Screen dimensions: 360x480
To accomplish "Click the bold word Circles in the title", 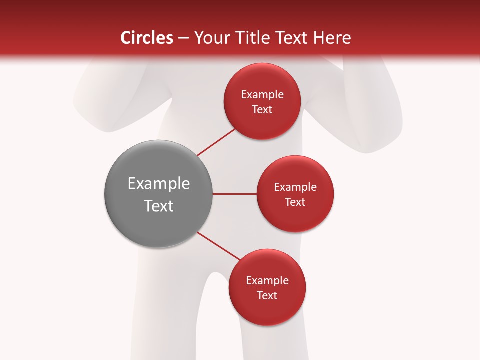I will [147, 38].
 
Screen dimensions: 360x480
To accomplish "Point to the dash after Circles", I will [183, 38].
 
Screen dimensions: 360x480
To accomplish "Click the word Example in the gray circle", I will [159, 184].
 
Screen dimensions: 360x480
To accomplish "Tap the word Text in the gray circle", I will [159, 206].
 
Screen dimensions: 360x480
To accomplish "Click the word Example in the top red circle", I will [262, 94].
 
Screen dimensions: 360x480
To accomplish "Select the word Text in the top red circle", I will [262, 109].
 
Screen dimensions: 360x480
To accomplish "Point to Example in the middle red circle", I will [295, 187].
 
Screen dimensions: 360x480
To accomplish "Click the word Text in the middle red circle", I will [295, 202].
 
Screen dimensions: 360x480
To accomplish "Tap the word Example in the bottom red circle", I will [267, 280].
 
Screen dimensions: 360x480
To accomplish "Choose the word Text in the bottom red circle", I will [267, 295].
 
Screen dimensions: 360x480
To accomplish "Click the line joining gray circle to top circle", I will [216, 142].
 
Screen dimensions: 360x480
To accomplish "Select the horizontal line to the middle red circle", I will [234, 194].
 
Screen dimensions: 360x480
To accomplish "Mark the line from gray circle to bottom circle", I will [218, 246].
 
